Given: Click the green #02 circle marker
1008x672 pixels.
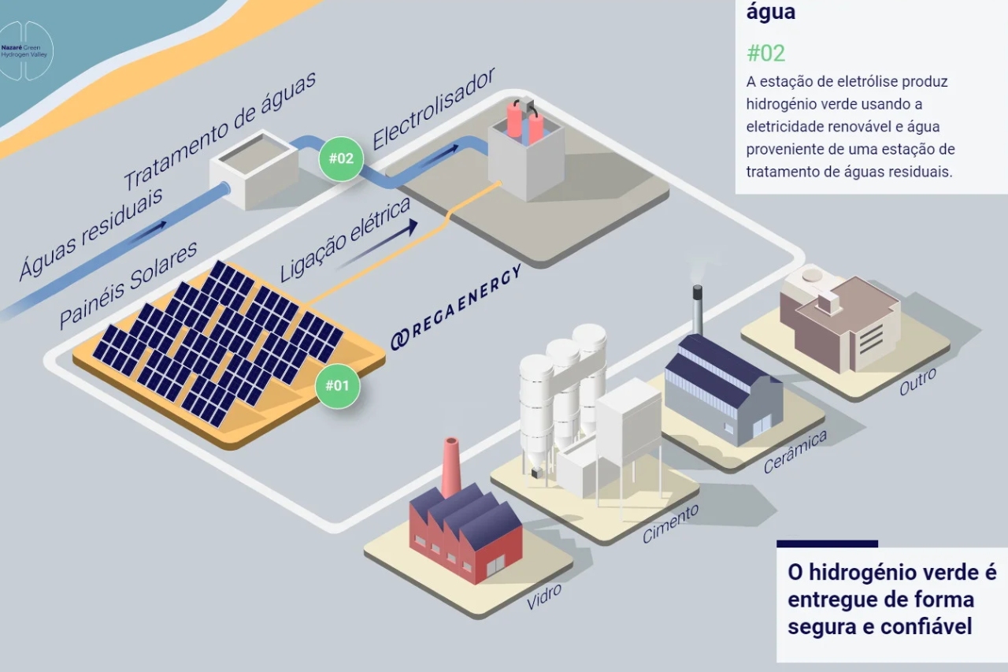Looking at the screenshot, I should [x=341, y=158].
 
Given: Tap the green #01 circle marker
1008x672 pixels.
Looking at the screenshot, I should [x=337, y=386].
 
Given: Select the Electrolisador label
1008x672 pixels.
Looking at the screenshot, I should [x=434, y=109].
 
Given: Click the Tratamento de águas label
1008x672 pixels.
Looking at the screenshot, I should [x=220, y=130].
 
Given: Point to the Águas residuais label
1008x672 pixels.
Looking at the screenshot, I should [x=91, y=233].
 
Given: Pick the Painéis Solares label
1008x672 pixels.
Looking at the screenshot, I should [x=128, y=285].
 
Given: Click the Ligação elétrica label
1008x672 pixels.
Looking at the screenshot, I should [x=345, y=240].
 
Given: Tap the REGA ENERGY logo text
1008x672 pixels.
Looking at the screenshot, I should [x=456, y=307].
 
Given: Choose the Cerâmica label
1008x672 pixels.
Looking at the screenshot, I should [x=795, y=451].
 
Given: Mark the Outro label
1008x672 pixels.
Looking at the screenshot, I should [x=917, y=382].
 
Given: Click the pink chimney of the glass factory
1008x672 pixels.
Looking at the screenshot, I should [x=451, y=467].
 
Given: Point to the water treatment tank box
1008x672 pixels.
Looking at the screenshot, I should [x=254, y=170].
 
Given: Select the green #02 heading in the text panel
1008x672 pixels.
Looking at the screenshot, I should [x=765, y=53].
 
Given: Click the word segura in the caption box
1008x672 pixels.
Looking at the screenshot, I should [x=823, y=626].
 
